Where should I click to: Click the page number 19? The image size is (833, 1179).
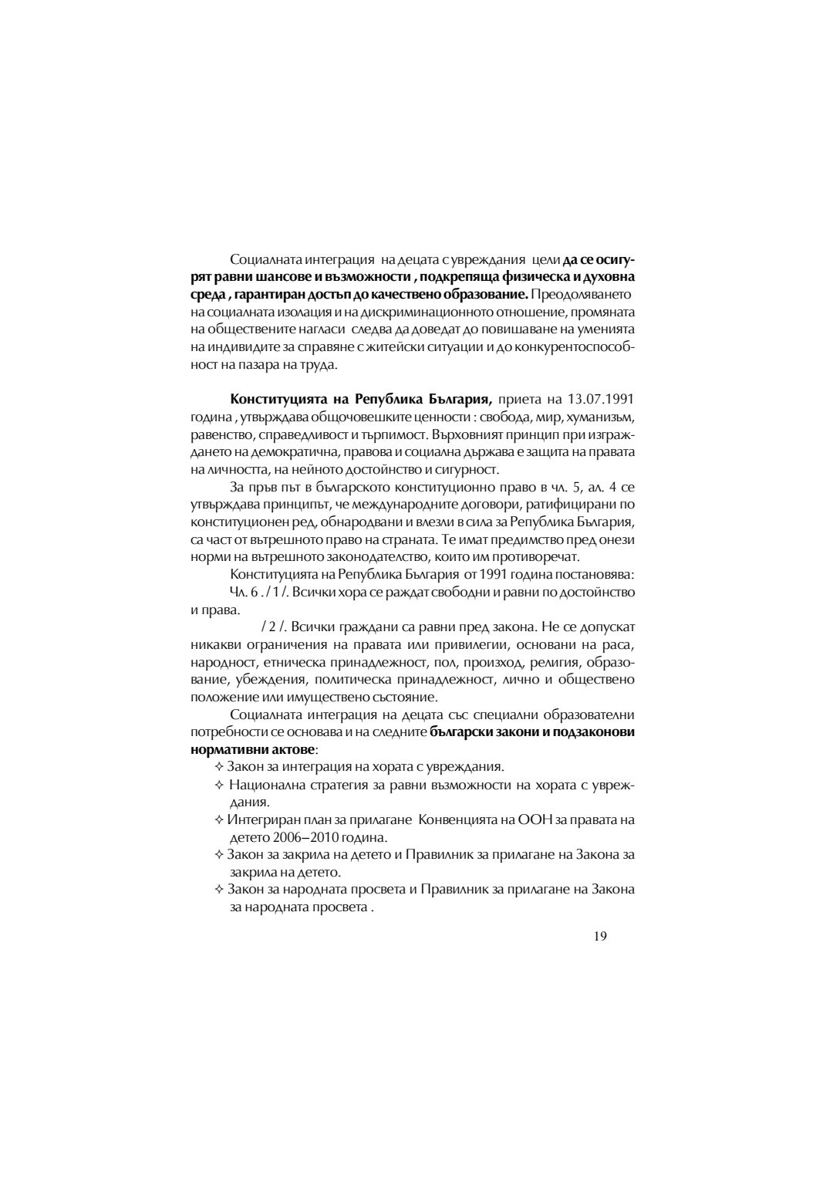coord(601,936)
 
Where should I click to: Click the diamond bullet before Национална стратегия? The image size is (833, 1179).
coord(219,785)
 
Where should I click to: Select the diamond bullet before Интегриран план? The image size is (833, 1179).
coord(219,819)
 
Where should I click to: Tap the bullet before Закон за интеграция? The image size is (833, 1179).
coord(219,767)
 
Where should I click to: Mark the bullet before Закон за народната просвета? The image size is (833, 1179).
coord(219,890)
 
